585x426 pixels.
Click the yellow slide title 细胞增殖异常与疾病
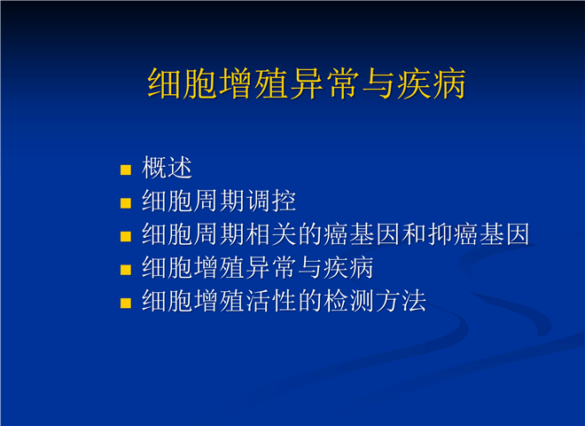coord(307,83)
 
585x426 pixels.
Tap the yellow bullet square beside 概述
coord(126,170)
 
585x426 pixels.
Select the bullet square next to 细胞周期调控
coord(126,203)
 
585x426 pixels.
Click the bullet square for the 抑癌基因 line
coord(126,237)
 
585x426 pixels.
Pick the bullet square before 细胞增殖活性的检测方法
coord(126,303)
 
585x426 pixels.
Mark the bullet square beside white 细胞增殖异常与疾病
coord(126,270)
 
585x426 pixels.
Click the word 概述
coord(167,168)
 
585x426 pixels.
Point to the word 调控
coord(271,201)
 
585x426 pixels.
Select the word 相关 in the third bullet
coord(271,234)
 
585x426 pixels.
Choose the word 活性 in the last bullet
coord(271,301)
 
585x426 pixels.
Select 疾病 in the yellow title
coord(432,83)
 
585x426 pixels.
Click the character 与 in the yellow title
coord(378,83)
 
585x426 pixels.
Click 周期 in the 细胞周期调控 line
coord(220,201)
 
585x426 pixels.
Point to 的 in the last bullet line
coord(310,301)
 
